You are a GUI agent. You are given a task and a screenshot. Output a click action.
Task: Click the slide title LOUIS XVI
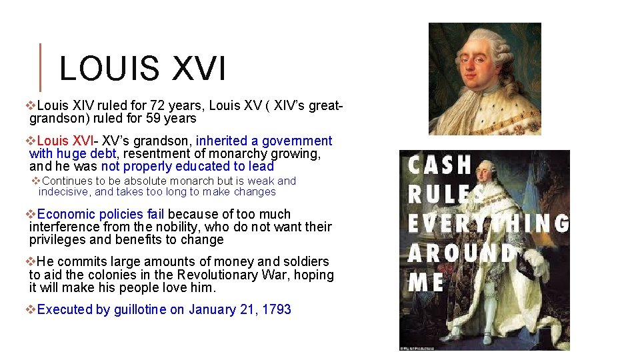142,68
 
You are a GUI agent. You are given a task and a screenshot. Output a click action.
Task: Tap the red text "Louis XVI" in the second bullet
65,141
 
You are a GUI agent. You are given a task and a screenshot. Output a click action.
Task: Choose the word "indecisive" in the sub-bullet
64,192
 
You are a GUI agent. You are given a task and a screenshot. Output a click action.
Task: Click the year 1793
277,309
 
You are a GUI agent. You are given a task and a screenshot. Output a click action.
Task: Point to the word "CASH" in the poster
440,165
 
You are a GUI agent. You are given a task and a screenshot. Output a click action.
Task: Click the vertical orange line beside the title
41,67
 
